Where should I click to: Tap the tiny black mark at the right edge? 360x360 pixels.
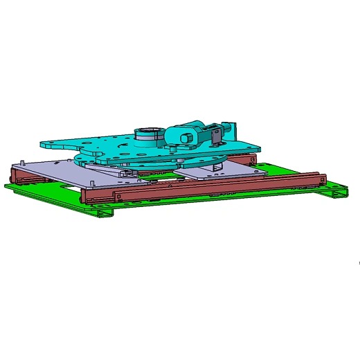point(358,263)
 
